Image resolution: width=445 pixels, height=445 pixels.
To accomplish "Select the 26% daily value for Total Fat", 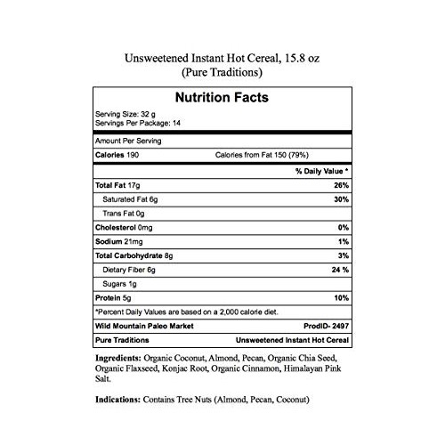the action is pyautogui.click(x=340, y=184).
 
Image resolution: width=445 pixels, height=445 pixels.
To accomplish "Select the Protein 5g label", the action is pyautogui.click(x=114, y=297).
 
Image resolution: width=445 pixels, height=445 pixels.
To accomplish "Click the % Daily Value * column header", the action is pyautogui.click(x=318, y=169).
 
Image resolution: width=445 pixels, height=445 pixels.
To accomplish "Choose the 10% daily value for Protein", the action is pyautogui.click(x=340, y=297).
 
